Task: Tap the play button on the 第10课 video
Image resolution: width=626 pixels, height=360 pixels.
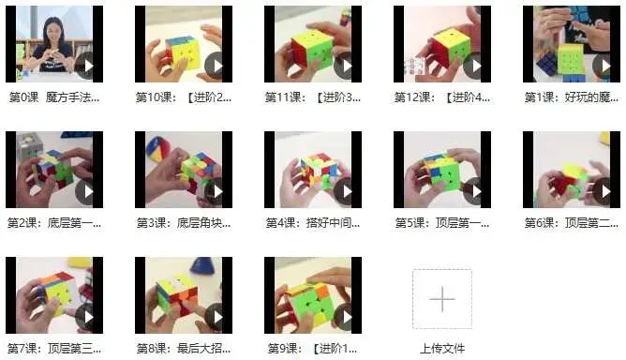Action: point(215,66)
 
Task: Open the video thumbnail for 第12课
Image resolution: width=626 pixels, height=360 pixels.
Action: point(441,43)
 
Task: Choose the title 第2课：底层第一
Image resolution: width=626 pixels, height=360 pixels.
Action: point(53,223)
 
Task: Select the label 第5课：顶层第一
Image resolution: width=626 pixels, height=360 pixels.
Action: point(441,223)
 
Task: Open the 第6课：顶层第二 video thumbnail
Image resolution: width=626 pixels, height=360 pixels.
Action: point(571,169)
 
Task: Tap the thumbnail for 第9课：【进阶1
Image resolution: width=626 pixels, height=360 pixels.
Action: point(311,294)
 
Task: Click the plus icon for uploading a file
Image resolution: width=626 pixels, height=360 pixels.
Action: point(441,298)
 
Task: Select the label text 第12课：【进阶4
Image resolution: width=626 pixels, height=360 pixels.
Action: point(441,97)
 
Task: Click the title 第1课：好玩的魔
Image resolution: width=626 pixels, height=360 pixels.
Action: point(571,97)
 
